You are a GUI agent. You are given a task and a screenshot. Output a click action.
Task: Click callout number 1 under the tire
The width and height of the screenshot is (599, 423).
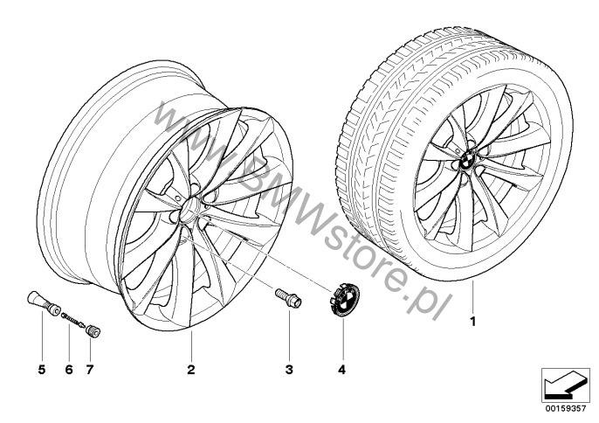point(473,322)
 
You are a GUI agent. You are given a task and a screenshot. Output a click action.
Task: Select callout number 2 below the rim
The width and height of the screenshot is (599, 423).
point(191,370)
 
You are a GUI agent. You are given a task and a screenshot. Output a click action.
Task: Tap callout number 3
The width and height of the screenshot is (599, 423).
point(289,370)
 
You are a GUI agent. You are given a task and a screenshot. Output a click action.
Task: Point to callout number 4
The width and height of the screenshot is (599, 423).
point(342,370)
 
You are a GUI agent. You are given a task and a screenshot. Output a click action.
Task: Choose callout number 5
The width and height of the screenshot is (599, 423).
point(42,370)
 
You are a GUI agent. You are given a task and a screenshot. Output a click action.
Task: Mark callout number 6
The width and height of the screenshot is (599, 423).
point(69,370)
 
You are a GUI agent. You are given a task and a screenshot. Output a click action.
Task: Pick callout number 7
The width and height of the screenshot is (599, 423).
point(90,370)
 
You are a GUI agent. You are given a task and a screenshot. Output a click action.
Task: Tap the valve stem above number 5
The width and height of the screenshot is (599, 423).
point(44,302)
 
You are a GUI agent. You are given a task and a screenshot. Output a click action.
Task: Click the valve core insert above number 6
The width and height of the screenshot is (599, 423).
point(73,320)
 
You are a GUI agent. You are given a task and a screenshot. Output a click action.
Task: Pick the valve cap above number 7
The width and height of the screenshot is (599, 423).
point(93,330)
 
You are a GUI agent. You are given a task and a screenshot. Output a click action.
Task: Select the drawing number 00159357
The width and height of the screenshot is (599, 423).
point(566,408)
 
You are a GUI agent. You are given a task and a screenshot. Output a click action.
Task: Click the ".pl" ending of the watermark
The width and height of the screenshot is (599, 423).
point(426,302)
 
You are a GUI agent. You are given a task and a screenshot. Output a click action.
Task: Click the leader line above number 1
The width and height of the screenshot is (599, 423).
point(472,297)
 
